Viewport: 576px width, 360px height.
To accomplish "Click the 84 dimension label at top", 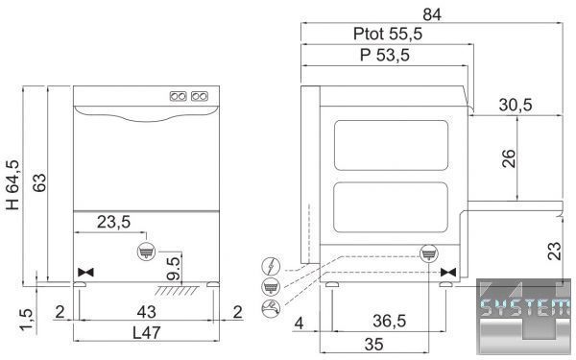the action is tap(432, 14).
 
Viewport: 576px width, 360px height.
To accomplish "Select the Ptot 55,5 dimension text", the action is tap(388, 34).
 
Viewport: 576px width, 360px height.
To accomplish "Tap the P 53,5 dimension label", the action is tap(385, 55).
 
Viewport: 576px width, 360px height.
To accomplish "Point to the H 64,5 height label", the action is tap(12, 184).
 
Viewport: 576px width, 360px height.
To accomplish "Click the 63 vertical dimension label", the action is tap(39, 182).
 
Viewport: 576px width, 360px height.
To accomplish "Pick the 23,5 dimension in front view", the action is tap(113, 222).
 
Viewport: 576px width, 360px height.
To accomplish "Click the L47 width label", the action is tap(147, 333).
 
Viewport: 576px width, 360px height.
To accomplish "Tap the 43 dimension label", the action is tap(146, 312).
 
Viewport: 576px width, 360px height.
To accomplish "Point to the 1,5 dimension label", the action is tap(26, 320).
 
